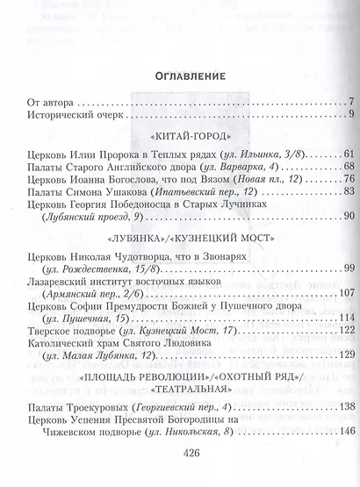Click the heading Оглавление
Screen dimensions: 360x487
point(180,74)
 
